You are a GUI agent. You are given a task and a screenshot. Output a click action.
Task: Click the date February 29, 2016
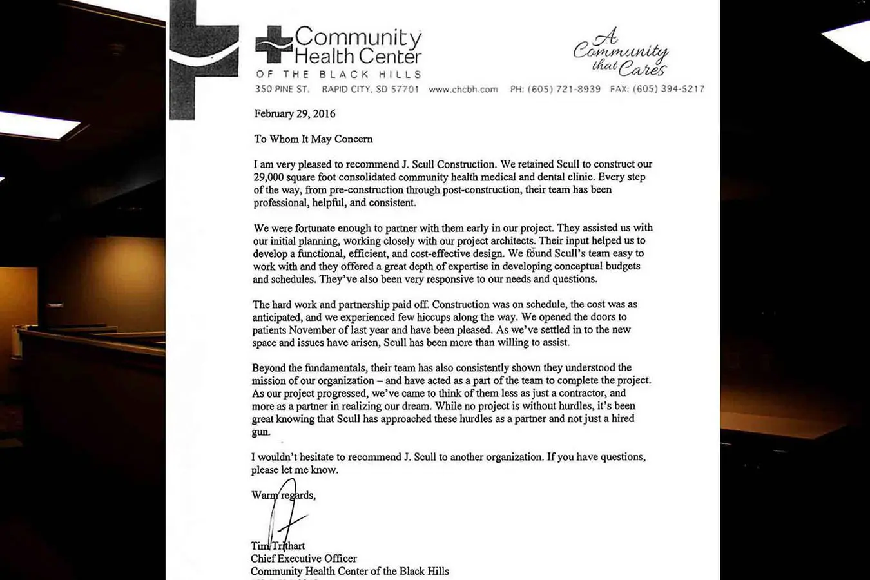coord(295,114)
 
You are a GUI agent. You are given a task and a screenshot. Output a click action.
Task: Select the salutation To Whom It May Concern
coord(313,139)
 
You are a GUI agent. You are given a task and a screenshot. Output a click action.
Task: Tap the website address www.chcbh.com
coord(463,90)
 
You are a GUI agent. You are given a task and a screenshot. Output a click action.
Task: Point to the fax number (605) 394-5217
coord(668,89)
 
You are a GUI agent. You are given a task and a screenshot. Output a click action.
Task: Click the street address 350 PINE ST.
coord(282,89)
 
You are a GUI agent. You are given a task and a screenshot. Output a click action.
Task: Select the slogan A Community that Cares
coord(621,53)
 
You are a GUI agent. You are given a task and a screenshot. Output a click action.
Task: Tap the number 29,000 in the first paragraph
coord(270,177)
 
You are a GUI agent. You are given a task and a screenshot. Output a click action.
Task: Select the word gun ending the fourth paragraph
coord(260,432)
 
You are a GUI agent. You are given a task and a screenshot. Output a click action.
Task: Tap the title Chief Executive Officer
coord(304,559)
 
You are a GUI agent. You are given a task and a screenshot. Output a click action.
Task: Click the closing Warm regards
coord(283,496)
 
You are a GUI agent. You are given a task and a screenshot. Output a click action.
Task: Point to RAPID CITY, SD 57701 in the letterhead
coord(370,89)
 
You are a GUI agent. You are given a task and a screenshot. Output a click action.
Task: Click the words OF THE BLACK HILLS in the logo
coord(338,74)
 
